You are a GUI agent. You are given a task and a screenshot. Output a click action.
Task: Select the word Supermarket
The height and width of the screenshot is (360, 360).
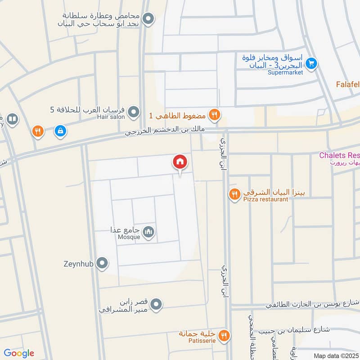click(285, 72)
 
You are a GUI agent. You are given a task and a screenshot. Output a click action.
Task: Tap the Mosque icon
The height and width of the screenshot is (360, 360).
click(148, 232)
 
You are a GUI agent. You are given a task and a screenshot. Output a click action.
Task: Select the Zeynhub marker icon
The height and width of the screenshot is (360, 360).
click(103, 263)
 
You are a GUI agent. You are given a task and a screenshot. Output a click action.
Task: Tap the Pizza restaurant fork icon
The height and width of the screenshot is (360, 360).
click(234, 194)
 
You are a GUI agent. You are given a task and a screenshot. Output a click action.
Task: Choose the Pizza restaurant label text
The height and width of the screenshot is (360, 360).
click(265, 199)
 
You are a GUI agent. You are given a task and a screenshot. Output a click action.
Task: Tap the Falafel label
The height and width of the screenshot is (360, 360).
click(348, 84)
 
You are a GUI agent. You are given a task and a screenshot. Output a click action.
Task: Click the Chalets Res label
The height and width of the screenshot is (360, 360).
click(339, 155)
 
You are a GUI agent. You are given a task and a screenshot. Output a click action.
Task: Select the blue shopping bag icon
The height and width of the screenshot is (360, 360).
click(59, 131)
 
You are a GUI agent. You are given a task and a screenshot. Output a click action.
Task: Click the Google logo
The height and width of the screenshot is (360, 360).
click(19, 353)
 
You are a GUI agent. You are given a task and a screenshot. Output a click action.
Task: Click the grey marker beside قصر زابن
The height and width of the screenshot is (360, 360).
click(156, 305)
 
